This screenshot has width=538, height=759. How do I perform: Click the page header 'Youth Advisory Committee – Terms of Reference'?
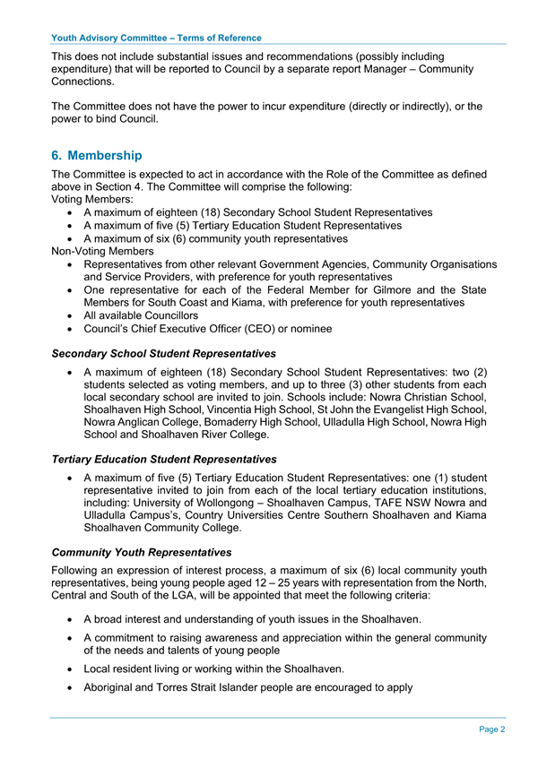coord(157,38)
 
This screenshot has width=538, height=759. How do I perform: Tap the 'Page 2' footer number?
coord(491,730)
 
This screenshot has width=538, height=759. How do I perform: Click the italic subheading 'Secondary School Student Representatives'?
coord(164,354)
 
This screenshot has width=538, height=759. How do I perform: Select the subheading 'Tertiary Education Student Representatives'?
coord(164,459)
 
